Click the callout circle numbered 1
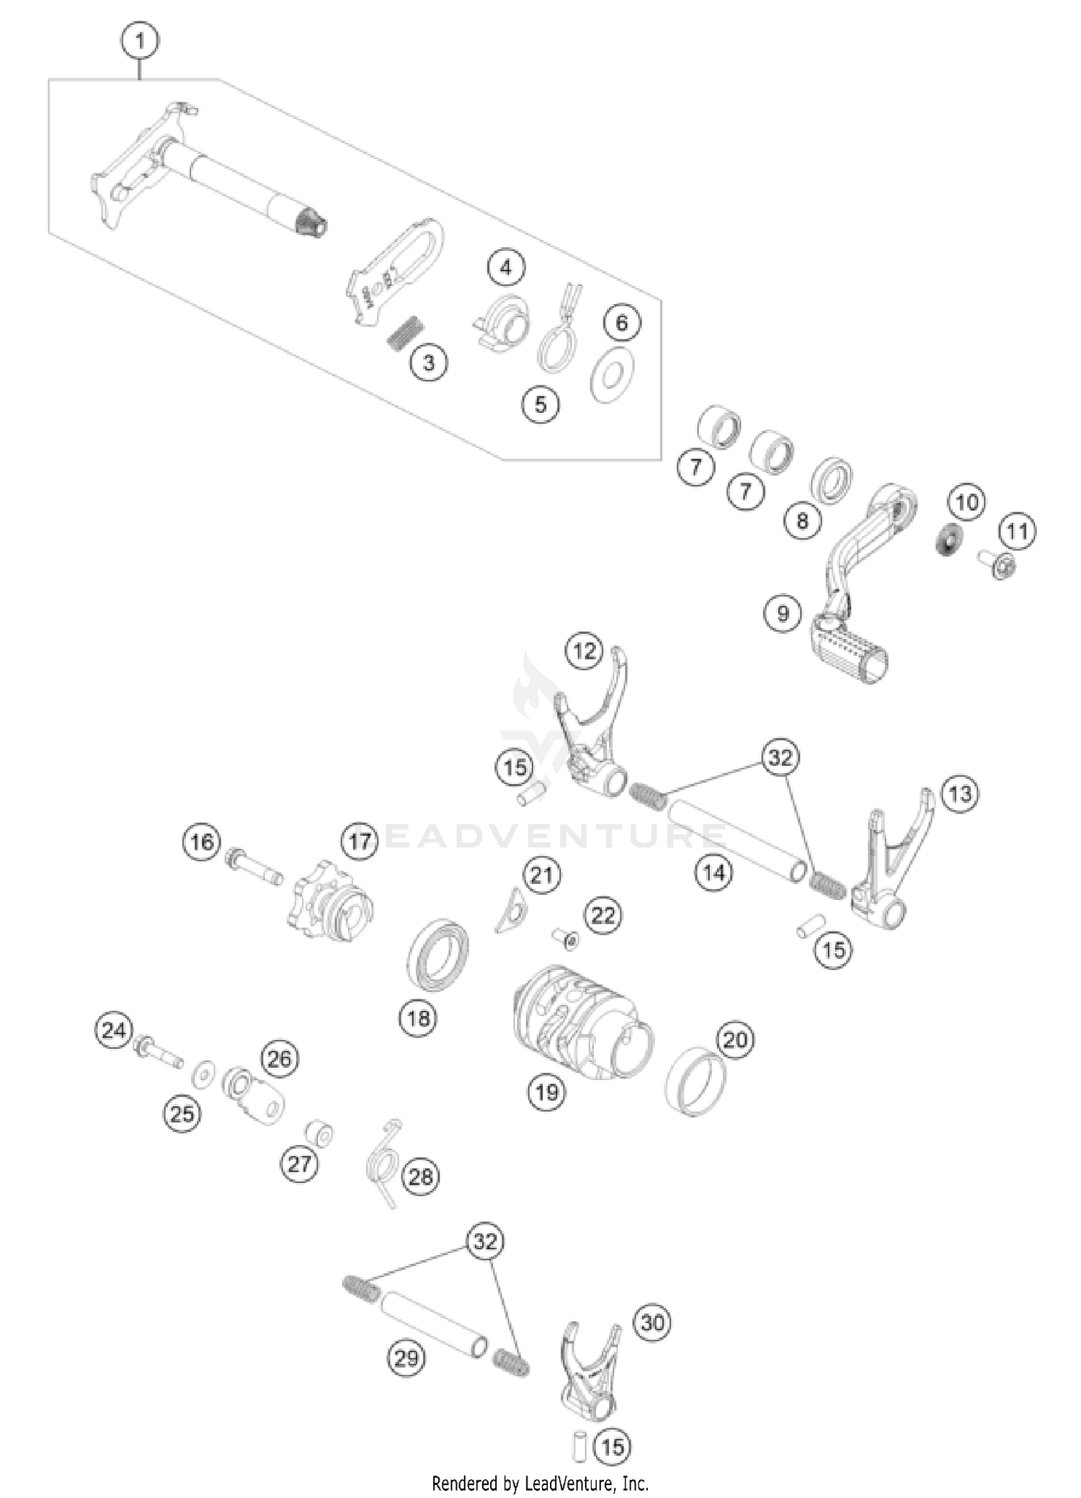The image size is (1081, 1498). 140,41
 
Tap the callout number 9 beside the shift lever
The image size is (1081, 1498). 783,613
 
